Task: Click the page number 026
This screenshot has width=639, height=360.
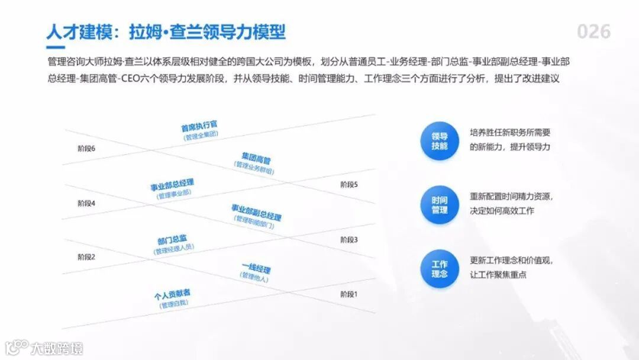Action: tap(593, 31)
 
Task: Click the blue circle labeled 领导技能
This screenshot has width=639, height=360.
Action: tap(440, 141)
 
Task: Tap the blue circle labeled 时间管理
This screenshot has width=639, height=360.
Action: tap(440, 205)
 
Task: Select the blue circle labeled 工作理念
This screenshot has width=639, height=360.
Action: tap(440, 269)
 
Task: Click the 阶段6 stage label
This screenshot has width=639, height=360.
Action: tap(86, 148)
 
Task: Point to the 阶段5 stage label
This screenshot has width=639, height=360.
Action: tap(349, 184)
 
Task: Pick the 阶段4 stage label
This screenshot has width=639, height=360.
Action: tap(86, 203)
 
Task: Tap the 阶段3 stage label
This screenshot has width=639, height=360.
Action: tap(349, 239)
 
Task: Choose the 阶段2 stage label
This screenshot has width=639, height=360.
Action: tap(86, 257)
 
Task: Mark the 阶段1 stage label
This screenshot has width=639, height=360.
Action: tap(349, 294)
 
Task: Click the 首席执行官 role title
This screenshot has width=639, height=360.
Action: tap(199, 126)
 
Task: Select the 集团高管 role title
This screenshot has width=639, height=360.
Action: tap(256, 159)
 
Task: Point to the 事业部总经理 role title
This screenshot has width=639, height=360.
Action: tap(172, 185)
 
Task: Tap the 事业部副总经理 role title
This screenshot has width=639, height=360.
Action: tap(256, 211)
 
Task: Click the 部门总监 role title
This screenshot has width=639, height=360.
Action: tap(172, 240)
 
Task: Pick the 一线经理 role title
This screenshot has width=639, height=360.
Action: tap(256, 268)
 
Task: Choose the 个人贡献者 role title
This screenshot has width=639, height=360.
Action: tap(172, 295)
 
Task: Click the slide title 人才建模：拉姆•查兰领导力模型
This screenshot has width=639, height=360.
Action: tap(166, 31)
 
